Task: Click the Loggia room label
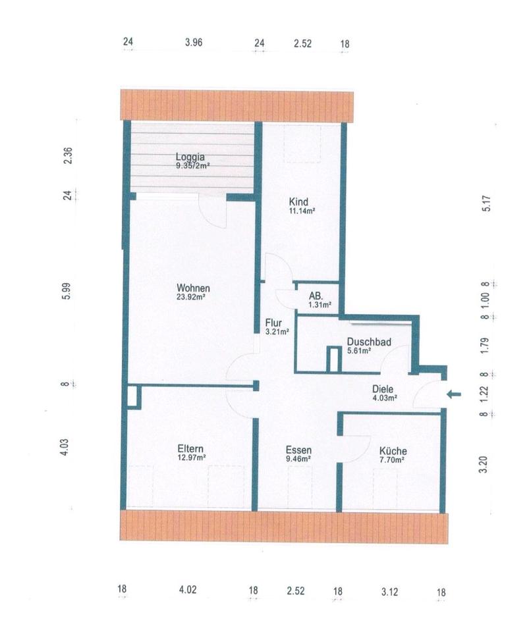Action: [190, 157]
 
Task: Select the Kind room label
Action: [298, 201]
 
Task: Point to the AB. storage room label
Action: [316, 296]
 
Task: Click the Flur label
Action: [273, 323]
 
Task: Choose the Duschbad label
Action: [369, 342]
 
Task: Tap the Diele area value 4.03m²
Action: [385, 398]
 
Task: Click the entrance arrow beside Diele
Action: [453, 394]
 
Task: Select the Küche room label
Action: [393, 450]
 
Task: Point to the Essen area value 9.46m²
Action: [298, 458]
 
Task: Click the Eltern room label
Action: [190, 448]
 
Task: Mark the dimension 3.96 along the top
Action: [194, 42]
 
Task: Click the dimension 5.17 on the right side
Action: [487, 203]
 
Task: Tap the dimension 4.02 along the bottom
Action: [188, 590]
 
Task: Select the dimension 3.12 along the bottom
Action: [389, 592]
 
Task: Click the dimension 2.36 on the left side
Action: [69, 155]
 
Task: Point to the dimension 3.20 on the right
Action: [483, 464]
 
